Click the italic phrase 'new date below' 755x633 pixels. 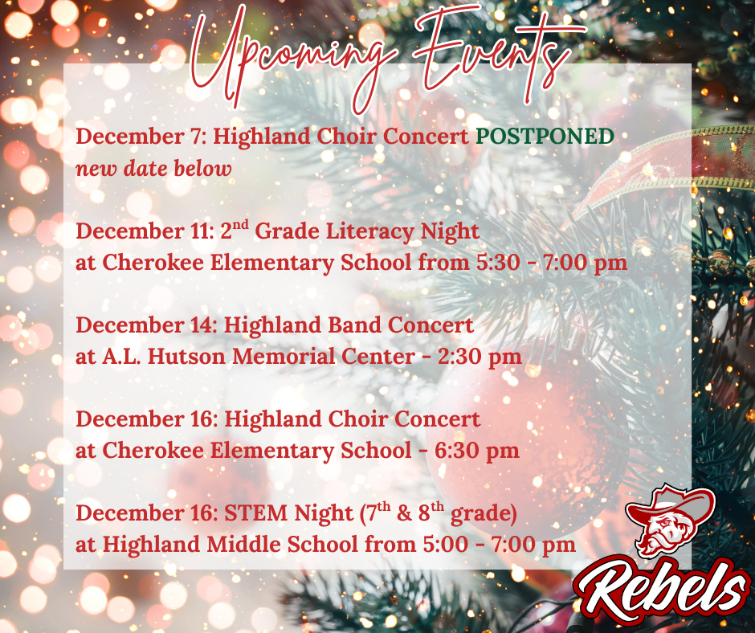153,169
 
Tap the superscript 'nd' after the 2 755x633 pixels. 244,224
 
